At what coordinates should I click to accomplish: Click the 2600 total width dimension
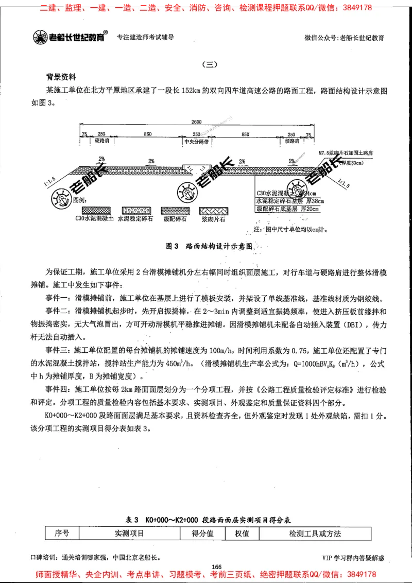[x=196, y=122]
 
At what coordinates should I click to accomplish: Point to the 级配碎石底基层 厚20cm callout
[x=287, y=209]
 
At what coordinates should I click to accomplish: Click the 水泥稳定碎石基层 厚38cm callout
[x=287, y=201]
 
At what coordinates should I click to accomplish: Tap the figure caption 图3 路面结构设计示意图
[x=210, y=247]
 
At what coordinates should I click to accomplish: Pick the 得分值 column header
[x=202, y=534]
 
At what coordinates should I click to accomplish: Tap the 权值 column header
[x=242, y=534]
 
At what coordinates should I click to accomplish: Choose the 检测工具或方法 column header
[x=315, y=534]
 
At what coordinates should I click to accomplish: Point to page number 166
[x=216, y=567]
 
